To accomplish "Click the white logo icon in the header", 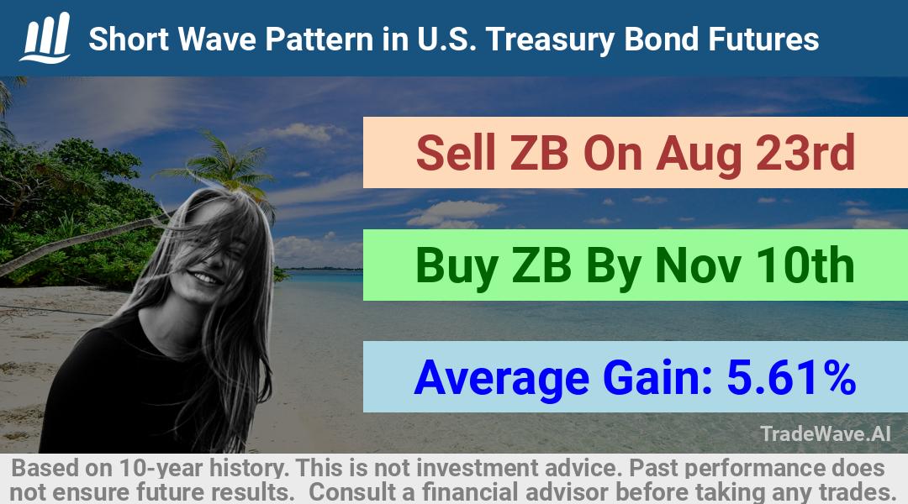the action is pyautogui.click(x=45, y=38).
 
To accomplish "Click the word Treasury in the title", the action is pyautogui.click(x=551, y=40).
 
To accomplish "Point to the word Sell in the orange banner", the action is pyautogui.click(x=456, y=153).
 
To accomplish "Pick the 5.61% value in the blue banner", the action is pyautogui.click(x=791, y=378).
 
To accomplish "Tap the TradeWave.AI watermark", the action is pyautogui.click(x=826, y=433).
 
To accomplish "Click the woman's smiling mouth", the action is pyautogui.click(x=207, y=278).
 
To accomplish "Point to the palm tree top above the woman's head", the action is pyautogui.click(x=222, y=163).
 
